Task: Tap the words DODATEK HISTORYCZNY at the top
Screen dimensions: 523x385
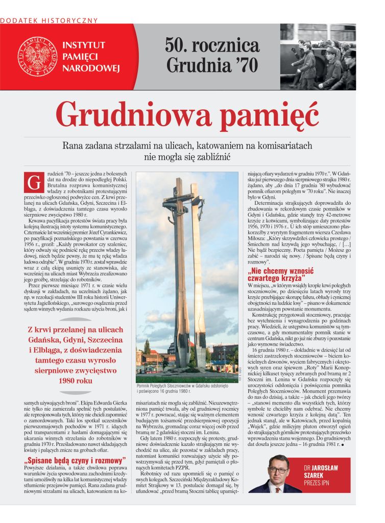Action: point(49,20)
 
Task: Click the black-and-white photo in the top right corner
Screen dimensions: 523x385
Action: point(318,56)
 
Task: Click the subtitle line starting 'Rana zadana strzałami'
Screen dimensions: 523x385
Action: point(187,146)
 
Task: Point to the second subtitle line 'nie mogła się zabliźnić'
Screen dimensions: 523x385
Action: point(187,158)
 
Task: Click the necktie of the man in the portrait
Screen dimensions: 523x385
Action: point(278,487)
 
